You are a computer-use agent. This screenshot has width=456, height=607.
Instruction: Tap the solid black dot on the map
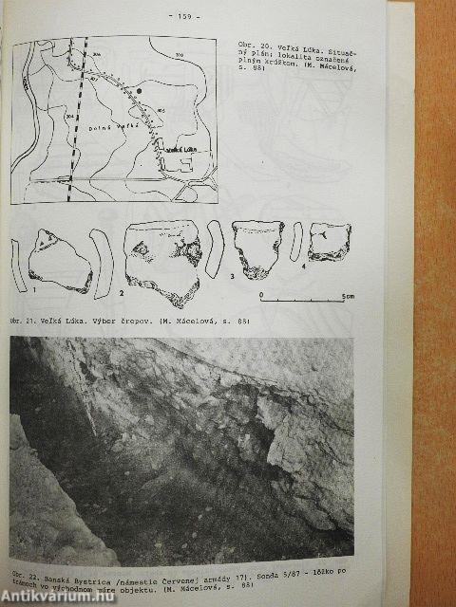(140, 91)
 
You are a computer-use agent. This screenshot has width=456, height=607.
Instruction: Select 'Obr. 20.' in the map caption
(247, 45)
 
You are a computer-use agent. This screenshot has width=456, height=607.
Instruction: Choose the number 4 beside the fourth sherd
(303, 266)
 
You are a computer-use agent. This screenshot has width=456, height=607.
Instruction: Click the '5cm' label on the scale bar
(349, 297)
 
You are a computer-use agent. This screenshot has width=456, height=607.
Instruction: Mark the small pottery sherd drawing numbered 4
(330, 241)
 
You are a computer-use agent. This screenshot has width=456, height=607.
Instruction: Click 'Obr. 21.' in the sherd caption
(25, 322)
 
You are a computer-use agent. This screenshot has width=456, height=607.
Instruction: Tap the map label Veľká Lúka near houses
(180, 150)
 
